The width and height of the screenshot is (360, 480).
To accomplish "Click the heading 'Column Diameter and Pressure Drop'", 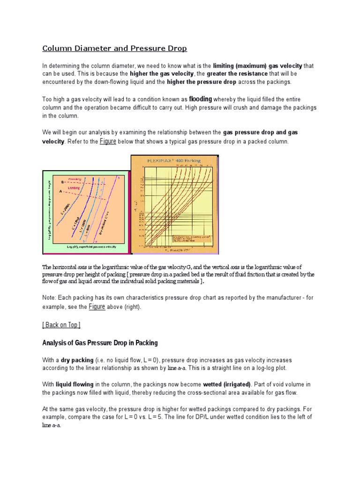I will (114, 48).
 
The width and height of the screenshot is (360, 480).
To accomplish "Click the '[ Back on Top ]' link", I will (61, 325).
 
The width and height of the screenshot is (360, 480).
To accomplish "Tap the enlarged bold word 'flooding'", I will (200, 99).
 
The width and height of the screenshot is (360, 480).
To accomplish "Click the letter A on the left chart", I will (60, 191).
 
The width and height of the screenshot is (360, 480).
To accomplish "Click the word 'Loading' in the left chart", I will (75, 187).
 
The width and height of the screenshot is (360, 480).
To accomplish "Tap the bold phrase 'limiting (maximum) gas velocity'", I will (257, 66).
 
